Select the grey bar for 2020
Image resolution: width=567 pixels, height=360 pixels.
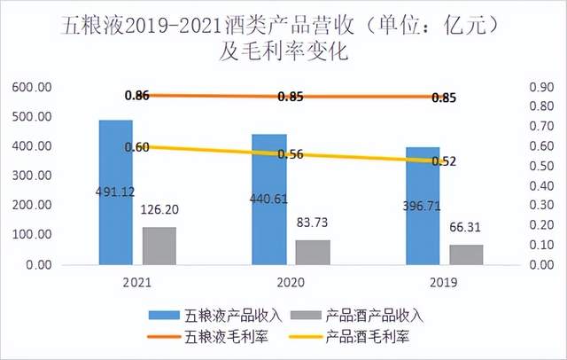click(313, 253)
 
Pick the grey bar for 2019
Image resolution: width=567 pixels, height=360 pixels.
click(466, 255)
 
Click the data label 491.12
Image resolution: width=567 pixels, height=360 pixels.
click(116, 191)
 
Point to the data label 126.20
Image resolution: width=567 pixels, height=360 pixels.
click(159, 212)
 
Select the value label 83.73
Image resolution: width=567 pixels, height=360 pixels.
click(313, 224)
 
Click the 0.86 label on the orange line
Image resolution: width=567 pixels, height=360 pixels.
click(138, 95)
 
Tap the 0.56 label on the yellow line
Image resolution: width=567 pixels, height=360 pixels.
click(291, 154)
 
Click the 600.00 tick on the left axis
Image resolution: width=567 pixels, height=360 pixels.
click(32, 87)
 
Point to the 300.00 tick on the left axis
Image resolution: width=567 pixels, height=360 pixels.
click(32, 176)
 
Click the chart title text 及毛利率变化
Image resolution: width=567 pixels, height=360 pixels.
click(283, 51)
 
